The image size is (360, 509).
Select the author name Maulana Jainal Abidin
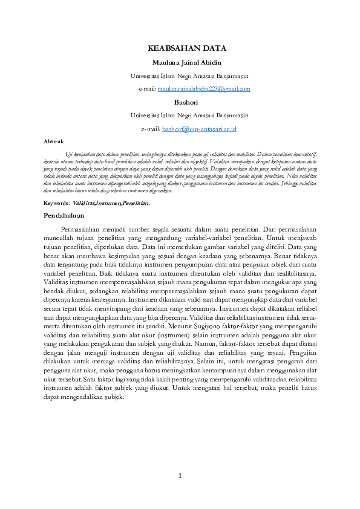point(180,62)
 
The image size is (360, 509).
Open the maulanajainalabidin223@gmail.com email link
point(204,89)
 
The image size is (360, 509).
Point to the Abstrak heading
point(54,141)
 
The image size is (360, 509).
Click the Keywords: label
point(57,204)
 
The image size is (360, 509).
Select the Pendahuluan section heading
point(64,215)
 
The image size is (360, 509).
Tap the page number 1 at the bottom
point(180,475)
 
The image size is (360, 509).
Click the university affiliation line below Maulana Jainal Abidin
point(180,76)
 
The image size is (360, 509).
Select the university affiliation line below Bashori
point(180,115)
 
